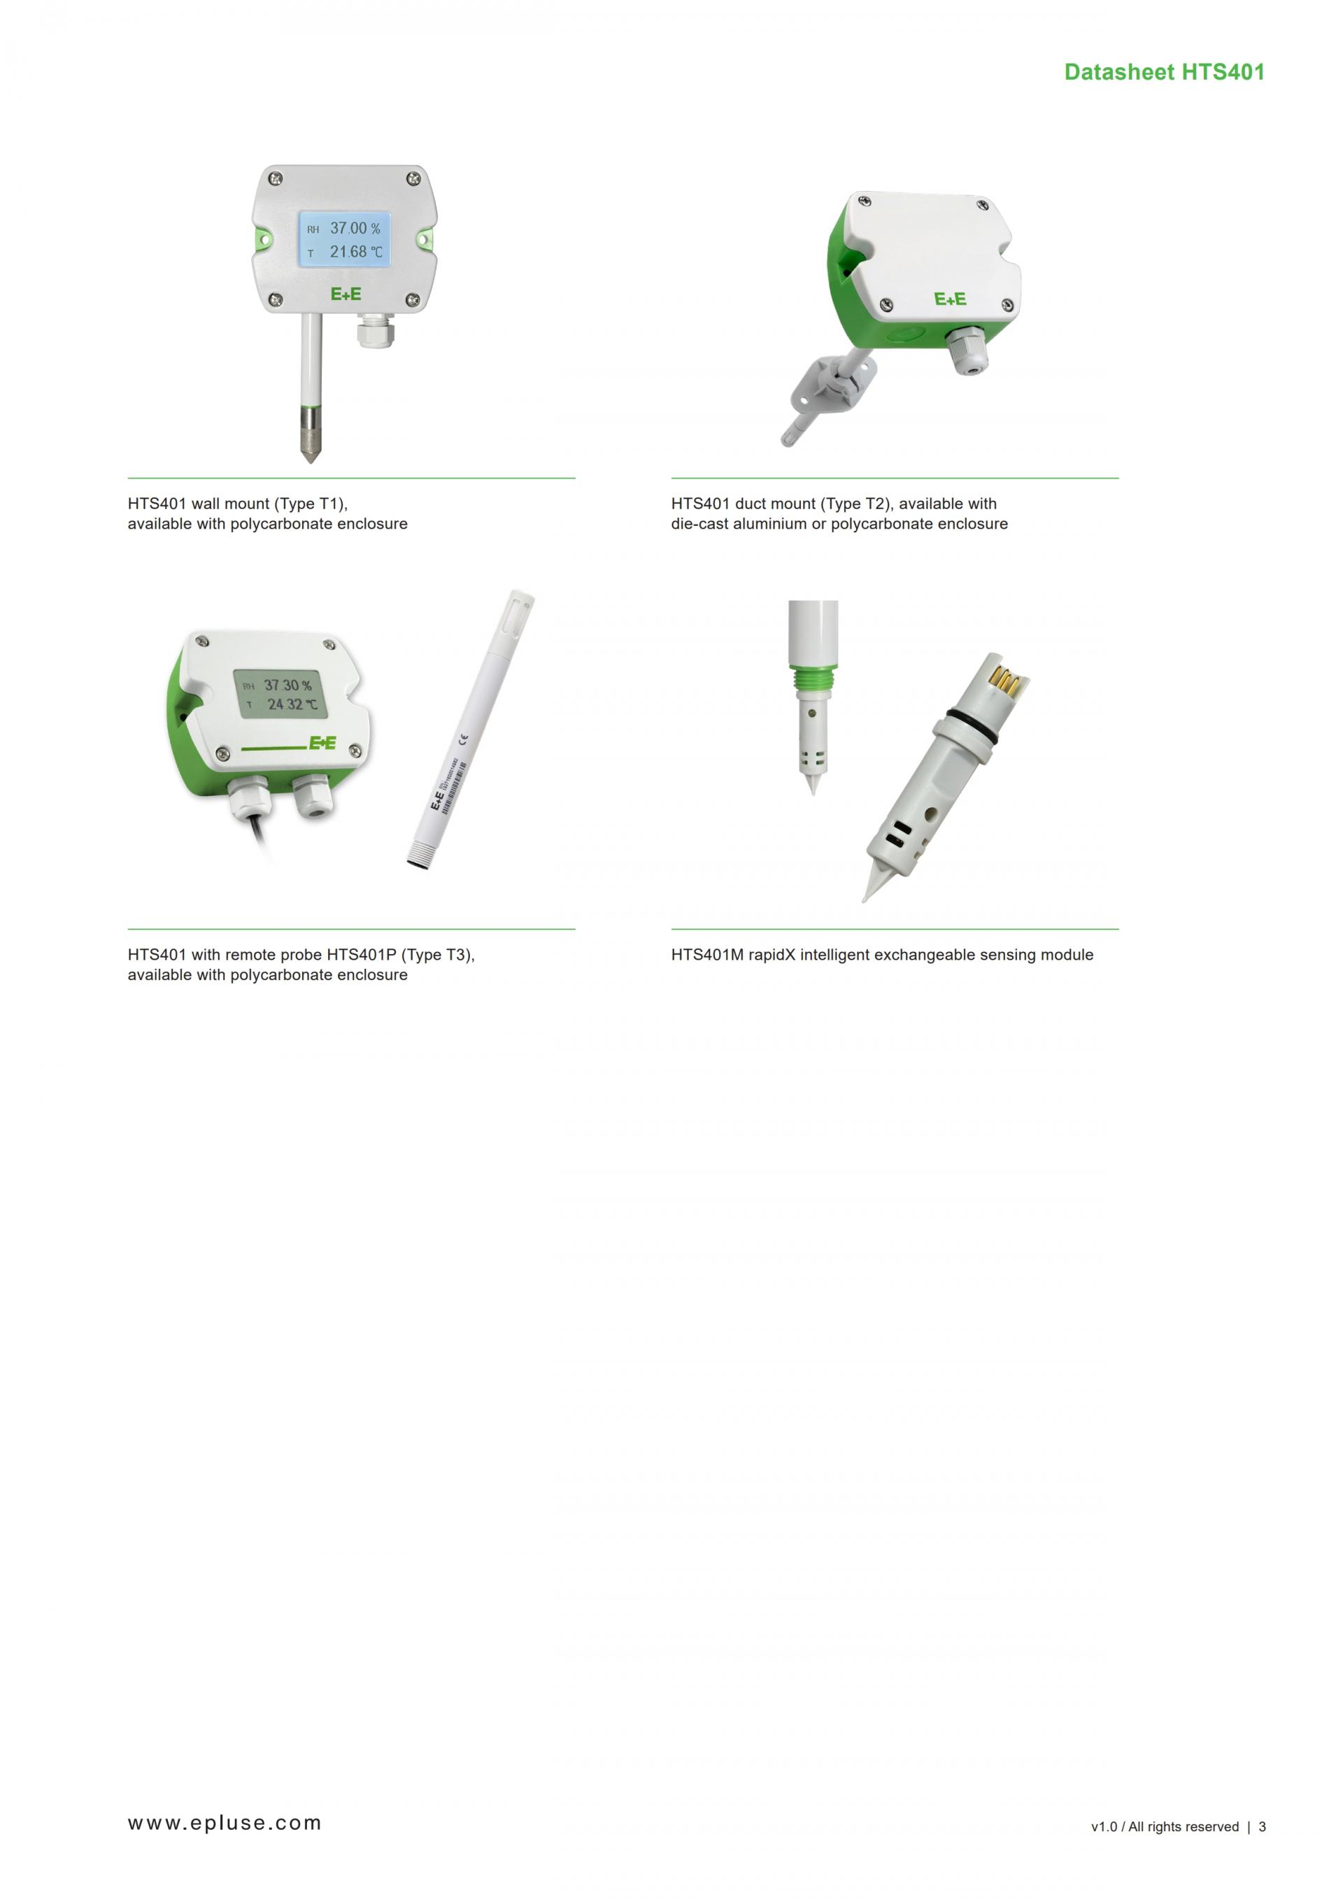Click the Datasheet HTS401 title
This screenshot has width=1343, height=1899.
(x=1165, y=72)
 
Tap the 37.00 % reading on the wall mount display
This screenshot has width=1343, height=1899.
(x=355, y=228)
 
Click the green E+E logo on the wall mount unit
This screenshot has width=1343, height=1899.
(x=346, y=294)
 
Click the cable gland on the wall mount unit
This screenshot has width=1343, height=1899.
(x=376, y=334)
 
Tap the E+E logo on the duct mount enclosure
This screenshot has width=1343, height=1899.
(x=950, y=299)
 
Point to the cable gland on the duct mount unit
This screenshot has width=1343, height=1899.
(x=967, y=353)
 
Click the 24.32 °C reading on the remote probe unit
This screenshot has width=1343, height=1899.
(x=292, y=704)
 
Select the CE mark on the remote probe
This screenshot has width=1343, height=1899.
(x=462, y=739)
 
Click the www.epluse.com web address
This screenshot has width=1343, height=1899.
(x=224, y=1823)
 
